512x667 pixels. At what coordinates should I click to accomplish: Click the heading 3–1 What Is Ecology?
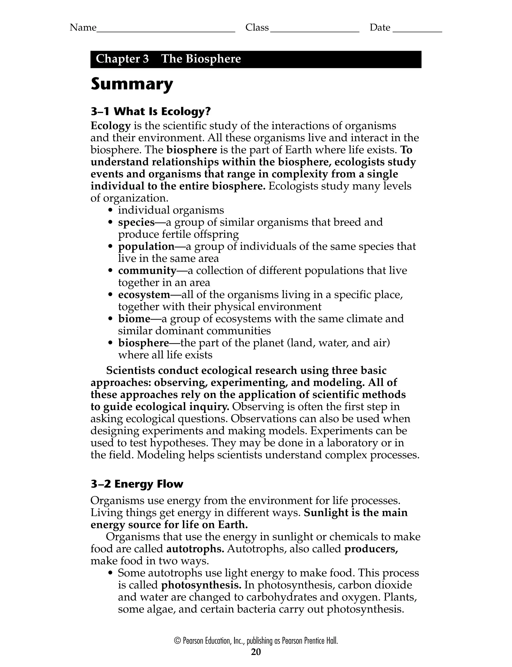point(150,111)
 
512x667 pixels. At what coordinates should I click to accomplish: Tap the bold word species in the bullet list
point(136,223)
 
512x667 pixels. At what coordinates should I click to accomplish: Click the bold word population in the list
point(146,247)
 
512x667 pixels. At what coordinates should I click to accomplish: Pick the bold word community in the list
point(147,271)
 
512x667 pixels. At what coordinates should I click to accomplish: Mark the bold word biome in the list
point(134,319)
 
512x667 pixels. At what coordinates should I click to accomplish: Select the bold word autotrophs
point(195,549)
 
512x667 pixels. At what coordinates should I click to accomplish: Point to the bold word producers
point(371,549)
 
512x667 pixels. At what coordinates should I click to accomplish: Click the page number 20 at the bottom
point(256,652)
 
